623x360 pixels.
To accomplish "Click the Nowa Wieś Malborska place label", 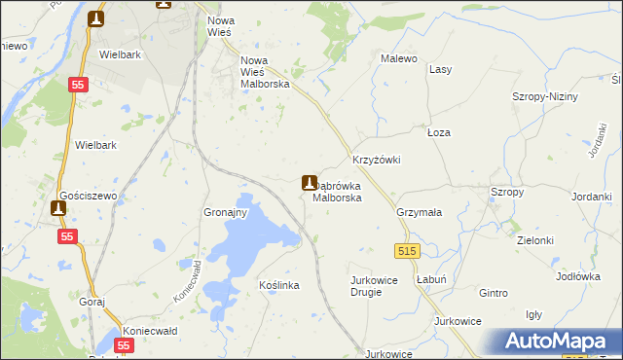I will pos(266,71).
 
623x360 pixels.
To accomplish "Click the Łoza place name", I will pos(439,131).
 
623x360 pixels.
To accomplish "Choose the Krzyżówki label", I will pos(376,160).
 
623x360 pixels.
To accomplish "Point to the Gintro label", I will pos(494,293).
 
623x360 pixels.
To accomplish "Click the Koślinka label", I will pos(278,285).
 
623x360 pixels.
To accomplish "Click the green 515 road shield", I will pos(407,251).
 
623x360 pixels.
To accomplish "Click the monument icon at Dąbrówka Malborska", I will pos(309,181).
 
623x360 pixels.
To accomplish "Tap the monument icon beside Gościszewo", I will pos(57,207).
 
